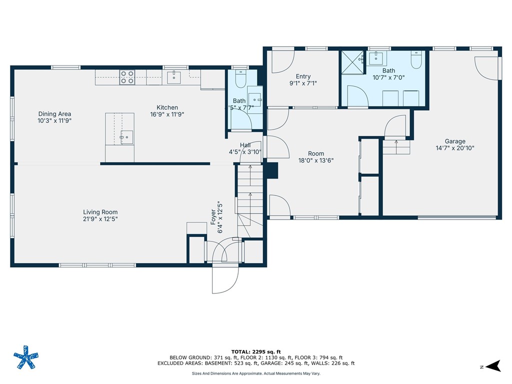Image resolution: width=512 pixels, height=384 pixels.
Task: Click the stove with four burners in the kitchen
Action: tap(127, 77)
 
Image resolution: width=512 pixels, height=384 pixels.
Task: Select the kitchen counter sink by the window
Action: tap(174, 77)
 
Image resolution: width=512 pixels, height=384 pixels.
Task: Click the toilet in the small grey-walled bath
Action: tap(239, 80)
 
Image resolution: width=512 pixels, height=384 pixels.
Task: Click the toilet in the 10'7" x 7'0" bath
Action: tap(416, 61)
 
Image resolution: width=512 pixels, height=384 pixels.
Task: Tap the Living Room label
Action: tap(100, 212)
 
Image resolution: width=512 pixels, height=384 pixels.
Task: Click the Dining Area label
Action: tap(54, 114)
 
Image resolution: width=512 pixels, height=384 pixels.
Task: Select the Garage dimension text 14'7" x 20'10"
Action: tap(455, 148)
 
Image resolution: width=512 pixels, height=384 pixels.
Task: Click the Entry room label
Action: tap(303, 76)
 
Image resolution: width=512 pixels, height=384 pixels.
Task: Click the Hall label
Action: tap(245, 145)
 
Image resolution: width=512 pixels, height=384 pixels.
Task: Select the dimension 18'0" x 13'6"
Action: tap(315, 160)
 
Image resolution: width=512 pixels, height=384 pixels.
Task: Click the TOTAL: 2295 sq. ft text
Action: tap(256, 351)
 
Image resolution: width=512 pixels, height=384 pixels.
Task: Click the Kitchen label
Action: tap(167, 107)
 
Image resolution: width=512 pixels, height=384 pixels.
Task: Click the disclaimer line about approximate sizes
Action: tap(256, 373)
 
